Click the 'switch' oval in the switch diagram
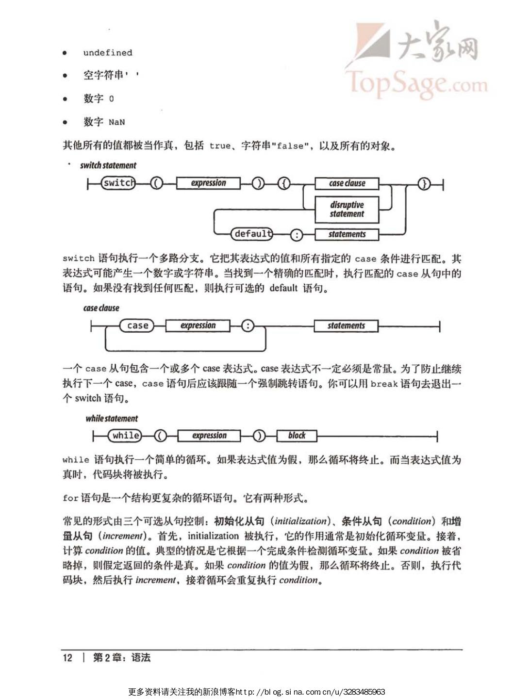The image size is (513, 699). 118,183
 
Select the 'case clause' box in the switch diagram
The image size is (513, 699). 347,183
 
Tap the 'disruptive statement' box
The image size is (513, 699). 347,209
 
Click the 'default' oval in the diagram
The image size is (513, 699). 251,234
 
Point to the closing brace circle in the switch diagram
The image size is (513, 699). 424,184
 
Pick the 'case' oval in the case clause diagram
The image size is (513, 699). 137,326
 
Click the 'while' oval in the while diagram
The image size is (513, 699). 125,436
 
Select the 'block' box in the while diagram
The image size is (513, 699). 297,436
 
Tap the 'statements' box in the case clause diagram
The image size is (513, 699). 346,326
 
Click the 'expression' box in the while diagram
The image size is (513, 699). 209,436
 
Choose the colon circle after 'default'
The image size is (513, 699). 296,235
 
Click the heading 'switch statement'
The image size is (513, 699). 108,165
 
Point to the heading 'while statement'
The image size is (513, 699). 112,419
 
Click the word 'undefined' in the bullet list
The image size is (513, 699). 107,53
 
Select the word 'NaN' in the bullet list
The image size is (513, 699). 116,122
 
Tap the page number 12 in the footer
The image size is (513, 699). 67,658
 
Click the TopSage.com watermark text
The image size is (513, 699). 416,83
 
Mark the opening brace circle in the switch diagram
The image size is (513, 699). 284,184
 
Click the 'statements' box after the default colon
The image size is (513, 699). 347,235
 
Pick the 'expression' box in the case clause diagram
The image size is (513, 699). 198,326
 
